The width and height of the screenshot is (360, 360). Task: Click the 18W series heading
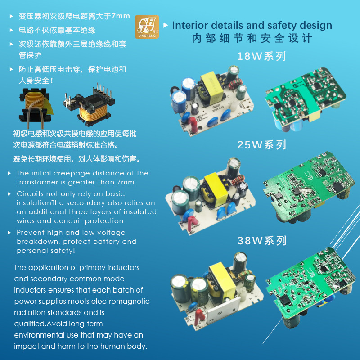click(261, 57)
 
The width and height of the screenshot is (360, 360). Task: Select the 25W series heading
click(261, 145)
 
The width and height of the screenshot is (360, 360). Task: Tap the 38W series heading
click(261, 241)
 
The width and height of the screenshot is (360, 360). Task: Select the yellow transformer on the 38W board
click(220, 278)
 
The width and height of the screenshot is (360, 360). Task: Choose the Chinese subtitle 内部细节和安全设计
click(252, 38)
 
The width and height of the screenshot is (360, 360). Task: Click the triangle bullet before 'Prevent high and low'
click(10, 233)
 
